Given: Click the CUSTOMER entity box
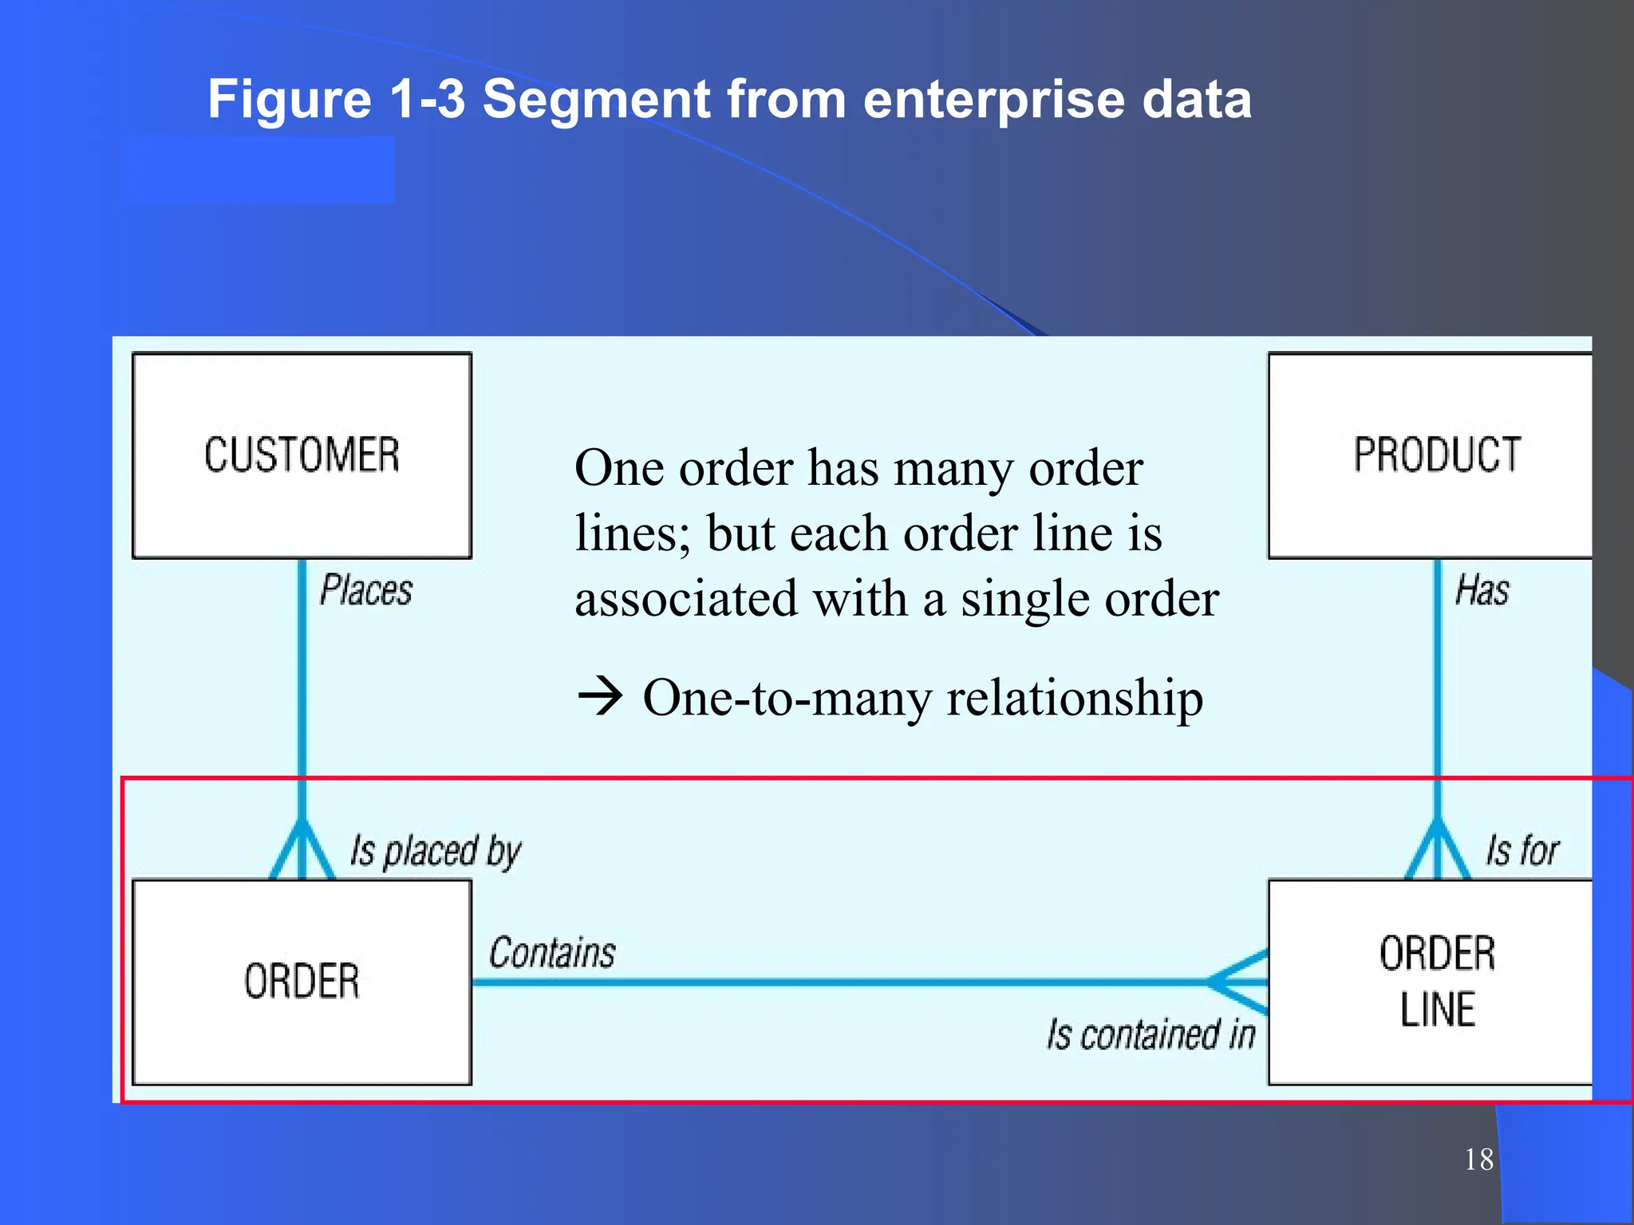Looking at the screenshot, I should coord(302,455).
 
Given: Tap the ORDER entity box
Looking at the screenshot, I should coord(302,982).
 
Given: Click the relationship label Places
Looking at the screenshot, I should coord(366,591).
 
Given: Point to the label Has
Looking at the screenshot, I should coord(1482,591).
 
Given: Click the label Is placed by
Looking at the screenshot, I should coord(436,851).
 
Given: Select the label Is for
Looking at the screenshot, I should coord(1522,851).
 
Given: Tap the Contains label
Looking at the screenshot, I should coord(552,953).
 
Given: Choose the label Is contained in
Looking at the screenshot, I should coord(1151,1034).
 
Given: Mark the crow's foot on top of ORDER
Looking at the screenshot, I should coord(302,851).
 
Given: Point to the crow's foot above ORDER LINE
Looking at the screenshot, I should coord(1438,851).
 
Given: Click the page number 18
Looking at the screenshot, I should coord(1478,1159).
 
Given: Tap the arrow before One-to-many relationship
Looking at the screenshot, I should coord(599,696).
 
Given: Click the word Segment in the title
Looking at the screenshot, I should coord(596,100).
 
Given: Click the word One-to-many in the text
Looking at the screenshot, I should coord(787,698).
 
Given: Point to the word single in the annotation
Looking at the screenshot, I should coord(1013,599).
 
